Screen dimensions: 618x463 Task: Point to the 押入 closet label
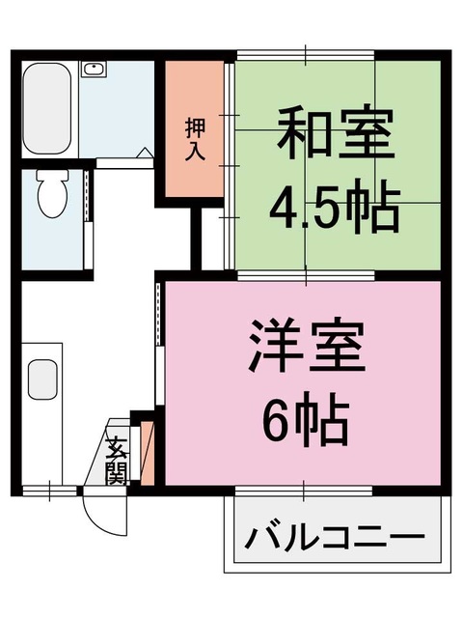coord(194,141)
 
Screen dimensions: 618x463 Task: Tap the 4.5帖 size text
coord(334,206)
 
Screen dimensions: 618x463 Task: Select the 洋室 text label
coord(308,350)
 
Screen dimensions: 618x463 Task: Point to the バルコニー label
coord(334,538)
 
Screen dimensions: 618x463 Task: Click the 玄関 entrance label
coord(117,462)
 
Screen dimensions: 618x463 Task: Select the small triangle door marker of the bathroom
coord(144,153)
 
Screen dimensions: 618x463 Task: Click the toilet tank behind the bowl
coord(50,177)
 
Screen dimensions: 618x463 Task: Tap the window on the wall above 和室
coord(303,55)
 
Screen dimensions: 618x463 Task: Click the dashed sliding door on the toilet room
coord(87,196)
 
